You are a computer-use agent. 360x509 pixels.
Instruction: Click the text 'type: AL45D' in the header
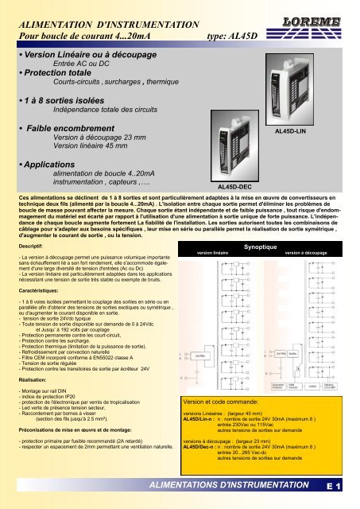[x=233, y=35]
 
